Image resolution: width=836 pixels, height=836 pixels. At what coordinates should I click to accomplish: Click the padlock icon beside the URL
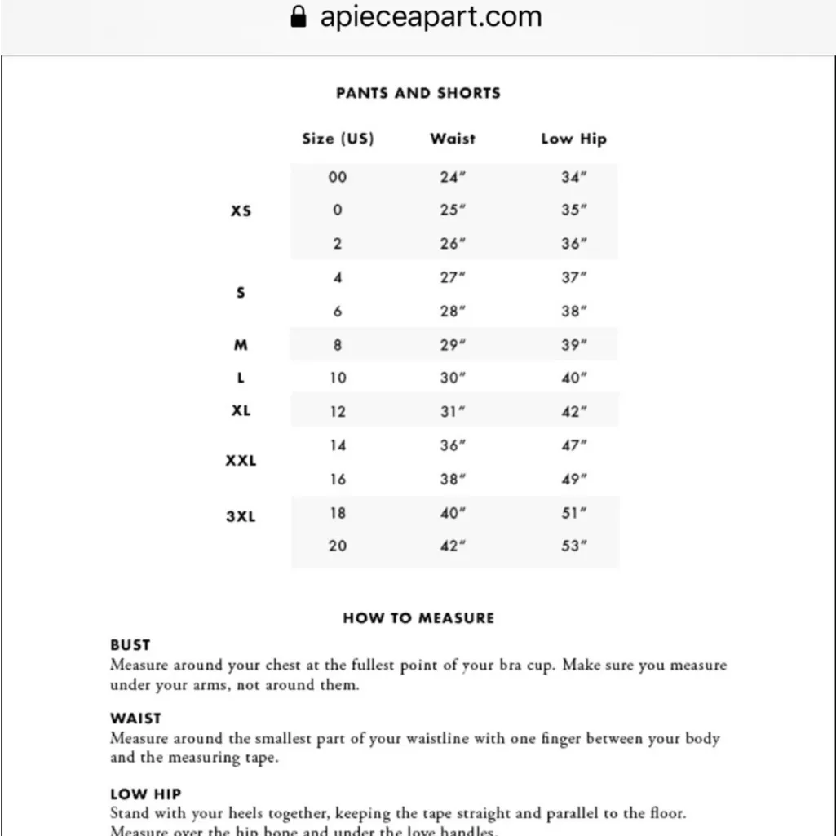pos(299,16)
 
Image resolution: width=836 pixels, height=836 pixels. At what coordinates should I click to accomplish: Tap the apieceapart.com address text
pos(431,16)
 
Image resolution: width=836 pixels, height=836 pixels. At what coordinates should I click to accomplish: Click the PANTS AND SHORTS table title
pos(418,93)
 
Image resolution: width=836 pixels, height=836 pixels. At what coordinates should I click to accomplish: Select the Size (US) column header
pos(338,139)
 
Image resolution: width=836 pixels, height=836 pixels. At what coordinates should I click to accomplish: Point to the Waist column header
pos(453,139)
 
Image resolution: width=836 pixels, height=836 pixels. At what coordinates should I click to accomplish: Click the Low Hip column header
pos(573,139)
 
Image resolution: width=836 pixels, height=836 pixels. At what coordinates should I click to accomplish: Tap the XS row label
pos(241,210)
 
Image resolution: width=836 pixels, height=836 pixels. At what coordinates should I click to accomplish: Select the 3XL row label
pos(241,516)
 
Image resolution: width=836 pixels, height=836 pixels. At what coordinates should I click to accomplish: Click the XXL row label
pos(241,461)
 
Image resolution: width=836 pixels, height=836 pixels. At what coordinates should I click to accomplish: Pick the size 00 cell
pos(338,177)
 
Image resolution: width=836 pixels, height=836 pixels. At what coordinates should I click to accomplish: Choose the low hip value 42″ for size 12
pos(574,412)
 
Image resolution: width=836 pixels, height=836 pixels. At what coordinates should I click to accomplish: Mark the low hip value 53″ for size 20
pos(574,546)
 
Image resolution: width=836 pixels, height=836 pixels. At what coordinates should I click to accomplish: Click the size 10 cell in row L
pos(338,378)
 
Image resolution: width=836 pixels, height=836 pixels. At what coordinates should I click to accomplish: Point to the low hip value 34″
pos(574,177)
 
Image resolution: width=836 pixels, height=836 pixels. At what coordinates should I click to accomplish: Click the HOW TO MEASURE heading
pos(418,618)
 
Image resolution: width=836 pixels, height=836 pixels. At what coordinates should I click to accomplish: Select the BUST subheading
pos(130,645)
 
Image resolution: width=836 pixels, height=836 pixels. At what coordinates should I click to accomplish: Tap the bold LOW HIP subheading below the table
pos(145,794)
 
